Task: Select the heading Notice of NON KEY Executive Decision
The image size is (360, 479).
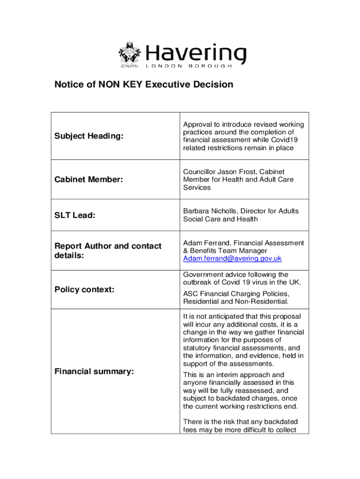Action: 144,85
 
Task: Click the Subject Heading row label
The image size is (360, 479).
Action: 89,136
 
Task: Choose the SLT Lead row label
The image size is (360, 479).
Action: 75,215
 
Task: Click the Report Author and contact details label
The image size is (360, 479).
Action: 108,250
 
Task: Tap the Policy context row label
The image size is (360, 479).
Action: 84,290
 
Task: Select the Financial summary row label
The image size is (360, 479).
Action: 94,371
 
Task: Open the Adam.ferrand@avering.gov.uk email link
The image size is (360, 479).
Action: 232,259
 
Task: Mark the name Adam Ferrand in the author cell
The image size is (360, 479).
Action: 207,243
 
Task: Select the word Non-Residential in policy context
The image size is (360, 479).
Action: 263,302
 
